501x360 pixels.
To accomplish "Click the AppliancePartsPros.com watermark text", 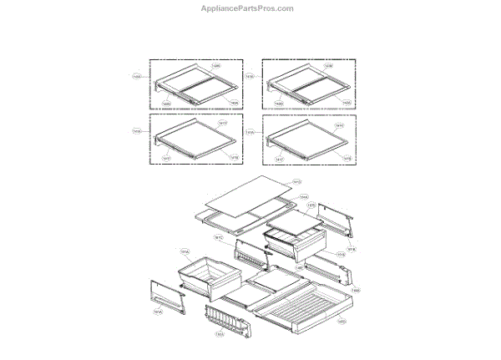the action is tap(250, 8).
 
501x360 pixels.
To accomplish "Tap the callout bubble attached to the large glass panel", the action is tap(296, 181).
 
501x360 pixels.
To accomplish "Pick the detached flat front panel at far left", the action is tap(167, 297).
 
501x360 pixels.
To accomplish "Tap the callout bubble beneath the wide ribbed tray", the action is tap(341, 320).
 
